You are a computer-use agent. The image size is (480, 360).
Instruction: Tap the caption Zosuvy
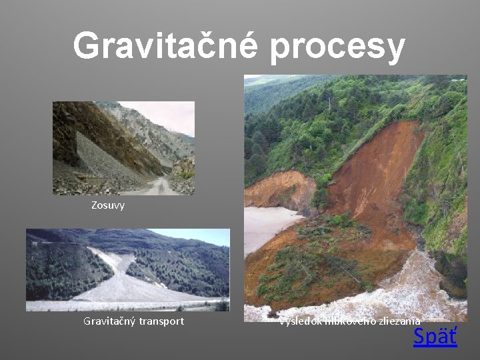click(x=108, y=205)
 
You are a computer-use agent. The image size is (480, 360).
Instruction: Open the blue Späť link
click(x=435, y=337)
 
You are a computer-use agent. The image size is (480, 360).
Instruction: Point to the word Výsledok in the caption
click(x=301, y=321)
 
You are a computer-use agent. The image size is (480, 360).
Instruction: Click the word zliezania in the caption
click(x=399, y=321)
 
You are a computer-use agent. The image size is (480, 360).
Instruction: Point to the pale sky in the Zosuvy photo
click(x=167, y=113)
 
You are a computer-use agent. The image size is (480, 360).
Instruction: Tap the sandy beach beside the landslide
click(x=267, y=223)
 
